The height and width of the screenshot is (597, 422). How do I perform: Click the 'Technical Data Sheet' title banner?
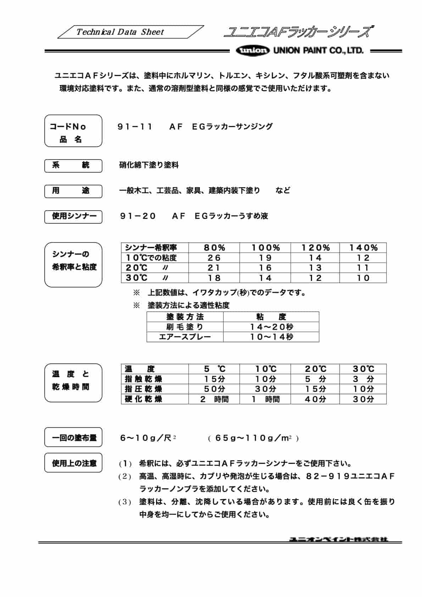click(x=120, y=32)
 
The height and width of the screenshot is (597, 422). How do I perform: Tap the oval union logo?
click(x=252, y=50)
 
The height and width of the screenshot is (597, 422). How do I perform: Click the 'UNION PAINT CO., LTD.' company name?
click(x=318, y=50)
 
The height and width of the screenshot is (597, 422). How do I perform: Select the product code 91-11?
click(x=135, y=127)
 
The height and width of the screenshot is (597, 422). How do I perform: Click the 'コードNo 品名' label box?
click(x=73, y=131)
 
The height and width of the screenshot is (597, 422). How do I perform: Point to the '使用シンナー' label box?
click(x=73, y=216)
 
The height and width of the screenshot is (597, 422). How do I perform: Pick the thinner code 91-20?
click(x=138, y=216)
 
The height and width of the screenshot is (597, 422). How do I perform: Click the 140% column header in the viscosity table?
click(x=363, y=248)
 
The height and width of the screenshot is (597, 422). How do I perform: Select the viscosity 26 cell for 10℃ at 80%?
click(x=214, y=258)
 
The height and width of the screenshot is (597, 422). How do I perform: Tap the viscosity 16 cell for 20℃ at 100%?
click(x=265, y=268)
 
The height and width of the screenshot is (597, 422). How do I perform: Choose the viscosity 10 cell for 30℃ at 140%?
click(x=363, y=278)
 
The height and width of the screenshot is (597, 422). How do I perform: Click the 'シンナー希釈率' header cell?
click(x=151, y=248)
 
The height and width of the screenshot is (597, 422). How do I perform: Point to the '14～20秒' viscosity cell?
click(x=271, y=327)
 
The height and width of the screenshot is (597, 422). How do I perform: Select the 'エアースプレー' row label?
click(x=185, y=337)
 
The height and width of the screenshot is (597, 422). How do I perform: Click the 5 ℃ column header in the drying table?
click(x=214, y=369)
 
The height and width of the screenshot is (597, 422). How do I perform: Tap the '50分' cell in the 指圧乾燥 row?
click(x=214, y=389)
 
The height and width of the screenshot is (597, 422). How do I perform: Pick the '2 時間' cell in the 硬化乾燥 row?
click(x=214, y=399)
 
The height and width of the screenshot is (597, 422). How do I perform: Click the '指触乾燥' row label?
click(x=144, y=379)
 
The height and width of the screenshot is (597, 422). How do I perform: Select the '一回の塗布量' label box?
click(x=73, y=437)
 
